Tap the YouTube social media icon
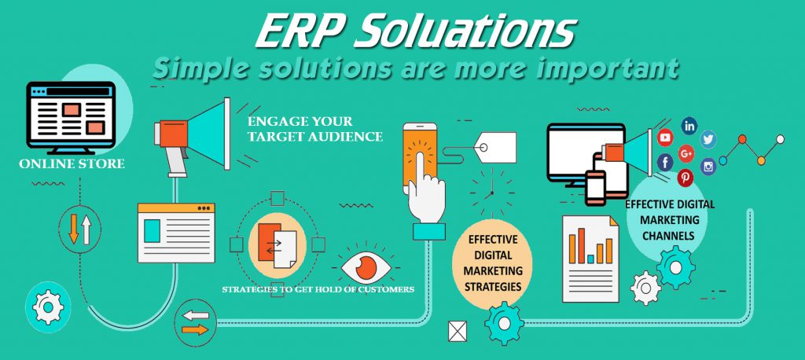tap(665, 137)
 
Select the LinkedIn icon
tap(689, 125)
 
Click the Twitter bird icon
tap(708, 138)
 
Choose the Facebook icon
tap(665, 162)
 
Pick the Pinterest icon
tap(685, 178)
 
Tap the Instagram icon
tap(708, 166)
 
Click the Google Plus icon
tap(686, 152)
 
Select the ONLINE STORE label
tap(72, 163)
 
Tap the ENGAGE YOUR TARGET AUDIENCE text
tap(314, 129)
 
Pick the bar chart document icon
tap(590, 259)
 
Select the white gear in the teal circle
tap(48, 307)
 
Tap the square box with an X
tap(458, 331)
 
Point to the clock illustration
tap(492, 192)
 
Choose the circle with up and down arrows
tap(80, 229)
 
